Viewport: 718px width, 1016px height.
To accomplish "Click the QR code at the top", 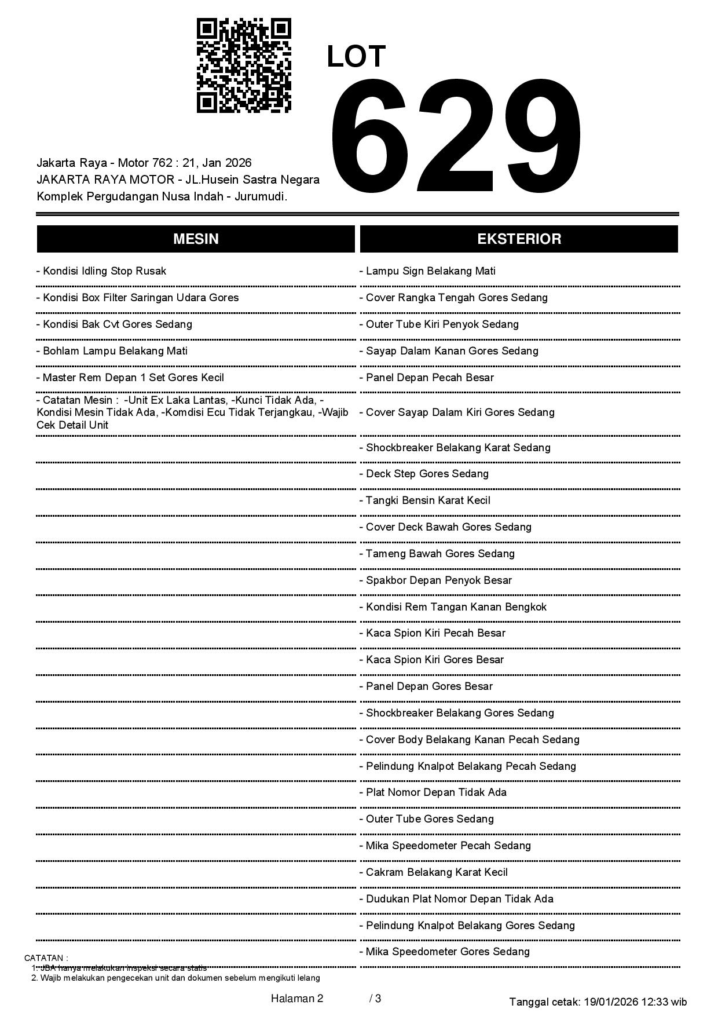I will coord(244,65).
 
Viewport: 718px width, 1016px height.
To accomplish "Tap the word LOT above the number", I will coord(356,57).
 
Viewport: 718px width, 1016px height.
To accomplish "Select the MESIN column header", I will coord(196,239).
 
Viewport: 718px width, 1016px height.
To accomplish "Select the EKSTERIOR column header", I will coord(519,239).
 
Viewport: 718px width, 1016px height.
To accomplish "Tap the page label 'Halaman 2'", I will coord(297,998).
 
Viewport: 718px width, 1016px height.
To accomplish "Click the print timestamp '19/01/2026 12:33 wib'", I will coord(635,1002).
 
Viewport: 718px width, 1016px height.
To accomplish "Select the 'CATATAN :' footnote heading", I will coord(46,958).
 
